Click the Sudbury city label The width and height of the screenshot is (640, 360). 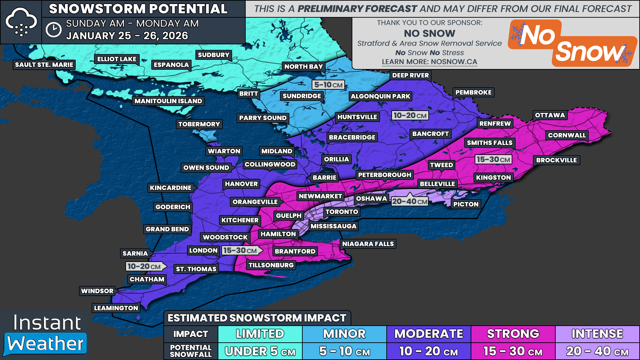click(x=213, y=55)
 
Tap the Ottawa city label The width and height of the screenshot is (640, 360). click(x=550, y=115)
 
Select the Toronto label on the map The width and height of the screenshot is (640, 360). click(x=342, y=212)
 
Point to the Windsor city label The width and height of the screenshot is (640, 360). click(x=97, y=291)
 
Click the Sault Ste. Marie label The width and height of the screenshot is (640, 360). click(x=44, y=65)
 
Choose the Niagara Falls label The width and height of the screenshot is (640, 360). click(x=368, y=244)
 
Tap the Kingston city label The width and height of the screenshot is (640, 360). click(x=493, y=178)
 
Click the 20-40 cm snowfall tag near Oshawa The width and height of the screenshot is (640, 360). click(x=410, y=201)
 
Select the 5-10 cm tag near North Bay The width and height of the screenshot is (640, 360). click(x=328, y=85)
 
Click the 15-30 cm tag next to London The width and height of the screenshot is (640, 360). click(x=240, y=250)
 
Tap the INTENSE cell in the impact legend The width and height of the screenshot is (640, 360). click(x=597, y=334)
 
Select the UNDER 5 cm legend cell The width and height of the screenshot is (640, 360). click(x=260, y=351)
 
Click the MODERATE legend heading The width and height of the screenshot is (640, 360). click(x=428, y=334)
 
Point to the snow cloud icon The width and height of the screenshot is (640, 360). click(x=21, y=22)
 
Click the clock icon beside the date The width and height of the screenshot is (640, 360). click(x=53, y=30)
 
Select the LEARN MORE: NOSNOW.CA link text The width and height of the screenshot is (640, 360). click(x=429, y=62)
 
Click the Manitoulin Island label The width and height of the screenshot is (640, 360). click(x=168, y=101)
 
